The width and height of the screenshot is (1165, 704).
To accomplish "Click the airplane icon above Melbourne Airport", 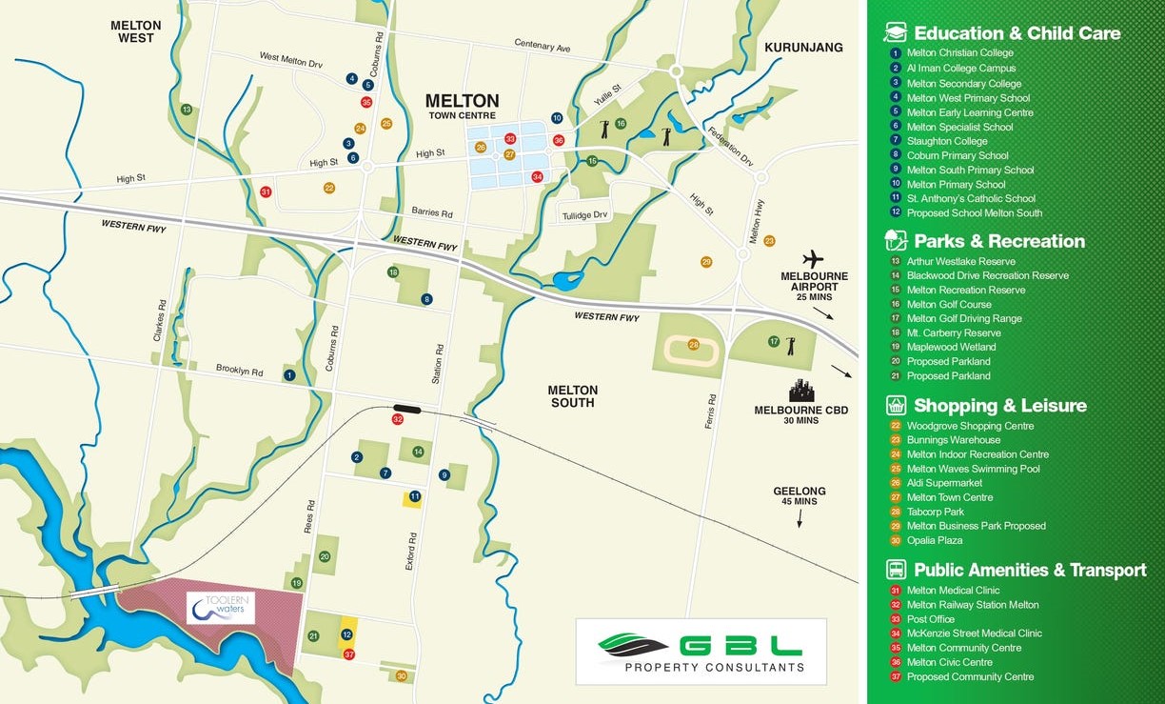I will pos(812,259).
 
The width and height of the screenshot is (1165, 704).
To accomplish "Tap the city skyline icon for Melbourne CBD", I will pos(801,391).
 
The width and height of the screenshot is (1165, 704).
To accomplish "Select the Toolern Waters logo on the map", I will pos(221,608).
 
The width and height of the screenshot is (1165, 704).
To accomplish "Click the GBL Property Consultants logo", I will pos(701,651).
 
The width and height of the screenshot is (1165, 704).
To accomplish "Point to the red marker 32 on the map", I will pos(398,419).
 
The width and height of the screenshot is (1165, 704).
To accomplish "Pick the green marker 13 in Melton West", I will pos(187,110).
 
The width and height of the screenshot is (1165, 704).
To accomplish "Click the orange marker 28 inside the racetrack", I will pos(694,345).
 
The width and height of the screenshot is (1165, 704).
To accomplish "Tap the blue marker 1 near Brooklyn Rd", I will pos(289,375).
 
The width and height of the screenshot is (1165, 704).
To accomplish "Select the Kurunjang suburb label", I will pos(803,48).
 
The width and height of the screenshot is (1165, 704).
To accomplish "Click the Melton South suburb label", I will pos(573,396).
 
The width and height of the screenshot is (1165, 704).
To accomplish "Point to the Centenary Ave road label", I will pos(542,45).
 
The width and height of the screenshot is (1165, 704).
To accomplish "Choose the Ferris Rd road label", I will pos(710,411).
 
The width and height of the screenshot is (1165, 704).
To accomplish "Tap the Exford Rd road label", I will pos(411,552).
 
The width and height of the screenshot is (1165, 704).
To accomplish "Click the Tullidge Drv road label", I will pos(583,215).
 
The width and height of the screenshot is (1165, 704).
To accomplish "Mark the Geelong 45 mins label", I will pos(799,496).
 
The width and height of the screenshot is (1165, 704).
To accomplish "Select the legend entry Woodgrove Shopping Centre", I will pos(970,426).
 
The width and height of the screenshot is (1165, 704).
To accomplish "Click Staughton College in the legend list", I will pos(946,141).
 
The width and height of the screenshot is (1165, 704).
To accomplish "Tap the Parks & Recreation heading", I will pos(998,241).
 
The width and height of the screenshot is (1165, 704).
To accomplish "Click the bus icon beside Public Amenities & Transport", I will pos(896,570).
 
